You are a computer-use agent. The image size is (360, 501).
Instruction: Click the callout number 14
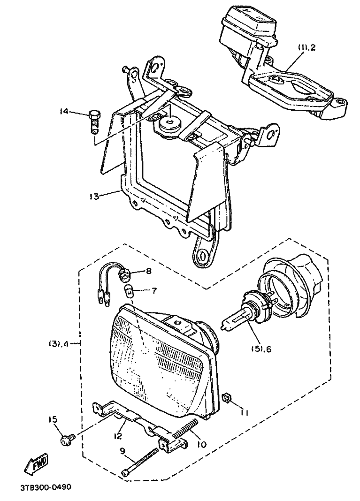[x=63, y=111]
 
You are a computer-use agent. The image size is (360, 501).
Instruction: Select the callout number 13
[x=94, y=196]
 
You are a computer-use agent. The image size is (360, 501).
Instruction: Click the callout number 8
[x=148, y=271]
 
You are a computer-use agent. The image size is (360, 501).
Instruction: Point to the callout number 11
[x=245, y=412]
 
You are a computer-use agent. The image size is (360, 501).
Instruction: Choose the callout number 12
[x=117, y=436]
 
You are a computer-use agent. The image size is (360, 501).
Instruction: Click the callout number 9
[x=122, y=451]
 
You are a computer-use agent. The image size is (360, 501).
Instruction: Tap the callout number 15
[x=52, y=418]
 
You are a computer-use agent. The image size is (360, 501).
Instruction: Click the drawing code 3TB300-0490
[x=45, y=487]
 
